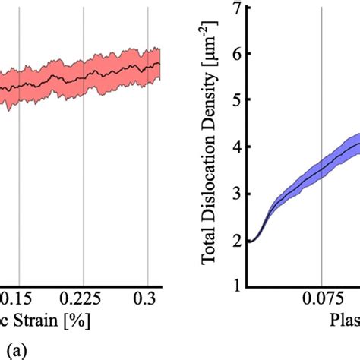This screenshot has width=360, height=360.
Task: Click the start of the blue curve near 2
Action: [x=251, y=241]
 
